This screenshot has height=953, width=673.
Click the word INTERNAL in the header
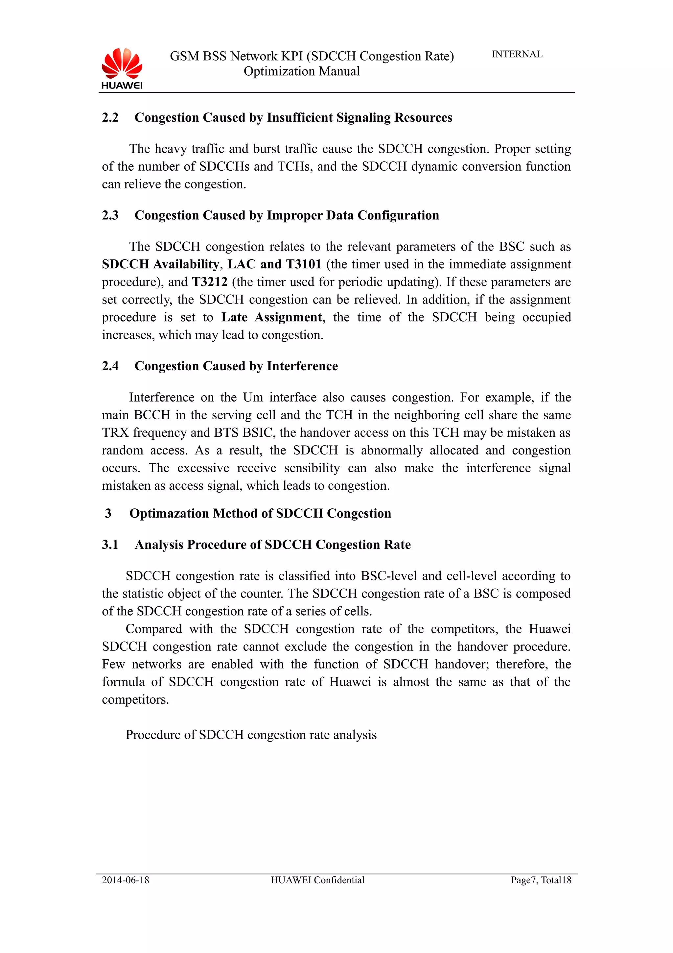tap(517, 54)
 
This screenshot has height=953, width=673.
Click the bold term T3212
tap(209, 282)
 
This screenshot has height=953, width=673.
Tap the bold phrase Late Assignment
tap(271, 317)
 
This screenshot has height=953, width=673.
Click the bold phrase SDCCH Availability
tap(160, 264)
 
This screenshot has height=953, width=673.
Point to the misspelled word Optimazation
tap(169, 513)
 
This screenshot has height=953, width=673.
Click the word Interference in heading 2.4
tap(302, 366)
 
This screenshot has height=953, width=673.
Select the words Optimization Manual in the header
tap(301, 71)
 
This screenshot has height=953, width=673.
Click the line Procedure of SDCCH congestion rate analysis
tap(251, 735)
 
